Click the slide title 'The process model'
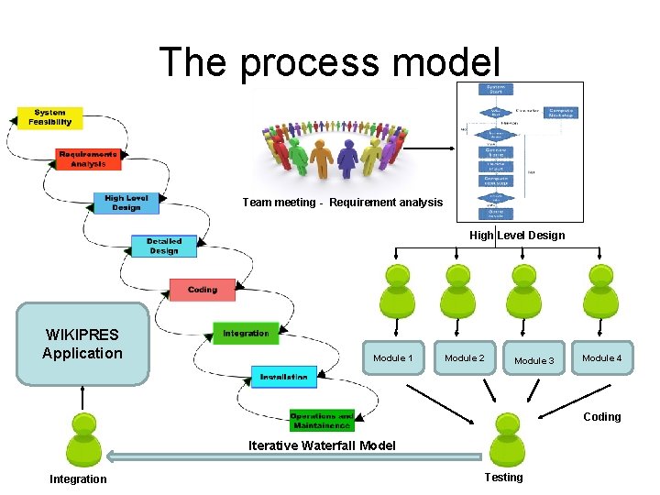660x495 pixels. pyautogui.click(x=330, y=62)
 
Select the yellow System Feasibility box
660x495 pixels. pyautogui.click(x=49, y=117)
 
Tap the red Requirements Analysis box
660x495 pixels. pyautogui.click(x=88, y=159)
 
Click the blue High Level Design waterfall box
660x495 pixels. pyautogui.click(x=126, y=203)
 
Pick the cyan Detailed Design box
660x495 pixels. pyautogui.click(x=163, y=246)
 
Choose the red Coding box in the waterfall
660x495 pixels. pyautogui.click(x=203, y=290)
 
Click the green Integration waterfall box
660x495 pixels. pyautogui.click(x=246, y=333)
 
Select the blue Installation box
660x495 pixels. pyautogui.click(x=283, y=377)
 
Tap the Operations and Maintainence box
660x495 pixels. pyautogui.click(x=321, y=420)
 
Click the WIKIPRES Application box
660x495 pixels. pyautogui.click(x=82, y=344)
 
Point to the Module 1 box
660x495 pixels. pyautogui.click(x=393, y=358)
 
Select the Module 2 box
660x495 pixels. pyautogui.click(x=465, y=358)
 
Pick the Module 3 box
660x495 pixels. pyautogui.click(x=534, y=360)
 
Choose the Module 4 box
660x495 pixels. pyautogui.click(x=601, y=358)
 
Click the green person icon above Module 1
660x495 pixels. pyautogui.click(x=397, y=291)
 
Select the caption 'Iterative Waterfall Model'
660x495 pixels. pyautogui.click(x=322, y=445)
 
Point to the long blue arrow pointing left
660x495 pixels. pyautogui.click(x=293, y=456)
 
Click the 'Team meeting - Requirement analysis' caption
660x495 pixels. pyautogui.click(x=342, y=202)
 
